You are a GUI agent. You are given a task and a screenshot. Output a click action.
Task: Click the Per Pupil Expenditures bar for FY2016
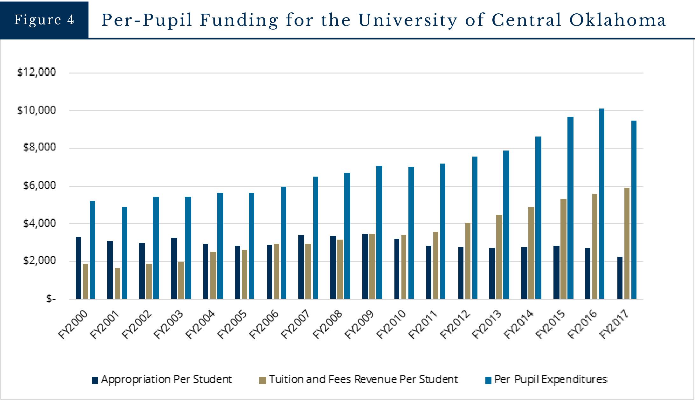(x=602, y=204)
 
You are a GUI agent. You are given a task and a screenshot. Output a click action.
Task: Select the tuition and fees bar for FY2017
(x=627, y=243)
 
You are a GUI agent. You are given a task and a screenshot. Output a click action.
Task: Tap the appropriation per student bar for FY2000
(x=79, y=268)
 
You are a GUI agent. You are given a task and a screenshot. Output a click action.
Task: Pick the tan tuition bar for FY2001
(x=118, y=283)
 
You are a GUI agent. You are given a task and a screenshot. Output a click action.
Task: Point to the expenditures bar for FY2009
(x=379, y=232)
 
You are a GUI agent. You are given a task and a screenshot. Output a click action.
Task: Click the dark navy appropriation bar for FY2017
(x=620, y=278)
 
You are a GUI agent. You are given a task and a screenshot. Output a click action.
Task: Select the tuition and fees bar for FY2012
(x=468, y=261)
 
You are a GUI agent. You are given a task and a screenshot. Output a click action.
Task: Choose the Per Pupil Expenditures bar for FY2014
(x=538, y=218)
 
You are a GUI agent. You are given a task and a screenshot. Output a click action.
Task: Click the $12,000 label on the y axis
(x=37, y=72)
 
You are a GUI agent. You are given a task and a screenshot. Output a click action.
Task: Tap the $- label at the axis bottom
(x=51, y=299)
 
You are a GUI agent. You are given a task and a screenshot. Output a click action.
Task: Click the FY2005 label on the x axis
(x=232, y=324)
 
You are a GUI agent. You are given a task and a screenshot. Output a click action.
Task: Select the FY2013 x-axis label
(x=487, y=324)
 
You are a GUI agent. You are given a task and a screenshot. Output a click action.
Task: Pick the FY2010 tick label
(x=391, y=324)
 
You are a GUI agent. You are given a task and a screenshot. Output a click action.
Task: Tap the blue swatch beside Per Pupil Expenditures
(x=489, y=380)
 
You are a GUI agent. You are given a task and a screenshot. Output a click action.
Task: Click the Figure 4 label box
(x=44, y=20)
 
